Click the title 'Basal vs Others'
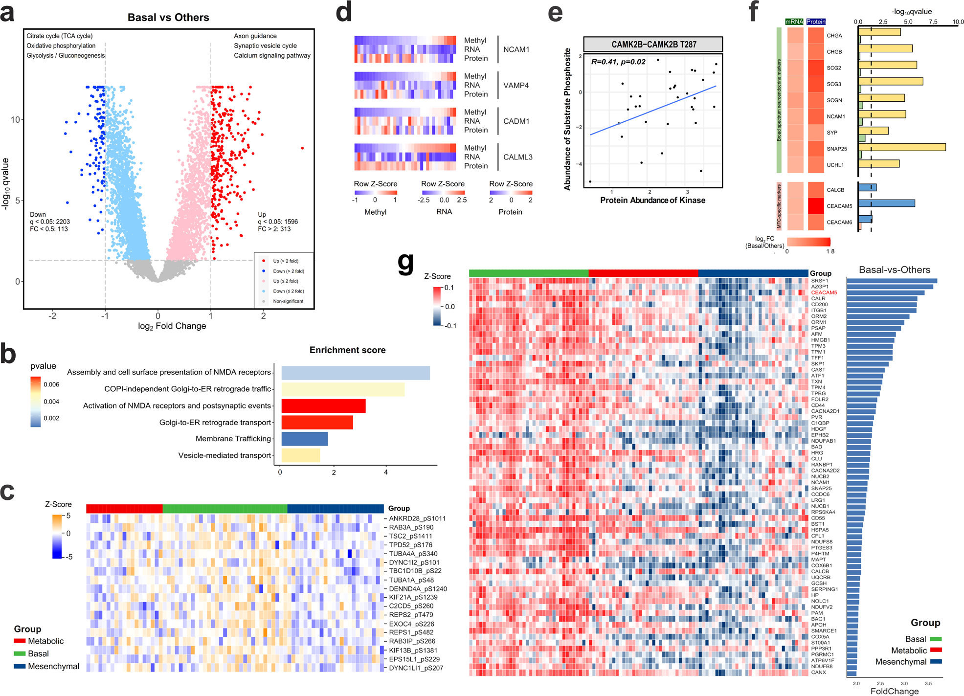pos(168,18)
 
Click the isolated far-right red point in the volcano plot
pos(302,148)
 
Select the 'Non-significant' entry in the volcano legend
pos(288,301)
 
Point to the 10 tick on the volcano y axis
pos(16,120)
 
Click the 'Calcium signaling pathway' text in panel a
pos(272,55)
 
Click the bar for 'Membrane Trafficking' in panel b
pos(304,439)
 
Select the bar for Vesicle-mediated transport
pos(300,455)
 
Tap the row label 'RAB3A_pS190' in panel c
pos(411,527)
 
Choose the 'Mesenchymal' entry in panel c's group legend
pos(53,666)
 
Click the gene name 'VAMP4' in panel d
pos(516,85)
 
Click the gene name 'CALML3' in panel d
pos(517,157)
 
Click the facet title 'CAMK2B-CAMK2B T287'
pos(653,45)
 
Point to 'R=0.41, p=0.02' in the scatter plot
pos(618,62)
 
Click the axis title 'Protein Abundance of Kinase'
pos(652,200)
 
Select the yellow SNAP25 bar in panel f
pos(901,147)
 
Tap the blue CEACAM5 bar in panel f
pos(886,203)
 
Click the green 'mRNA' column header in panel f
pos(794,22)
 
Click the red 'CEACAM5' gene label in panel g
pos(824,292)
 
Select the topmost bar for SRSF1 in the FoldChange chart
pos(892,281)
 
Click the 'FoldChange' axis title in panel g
pos(894,691)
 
